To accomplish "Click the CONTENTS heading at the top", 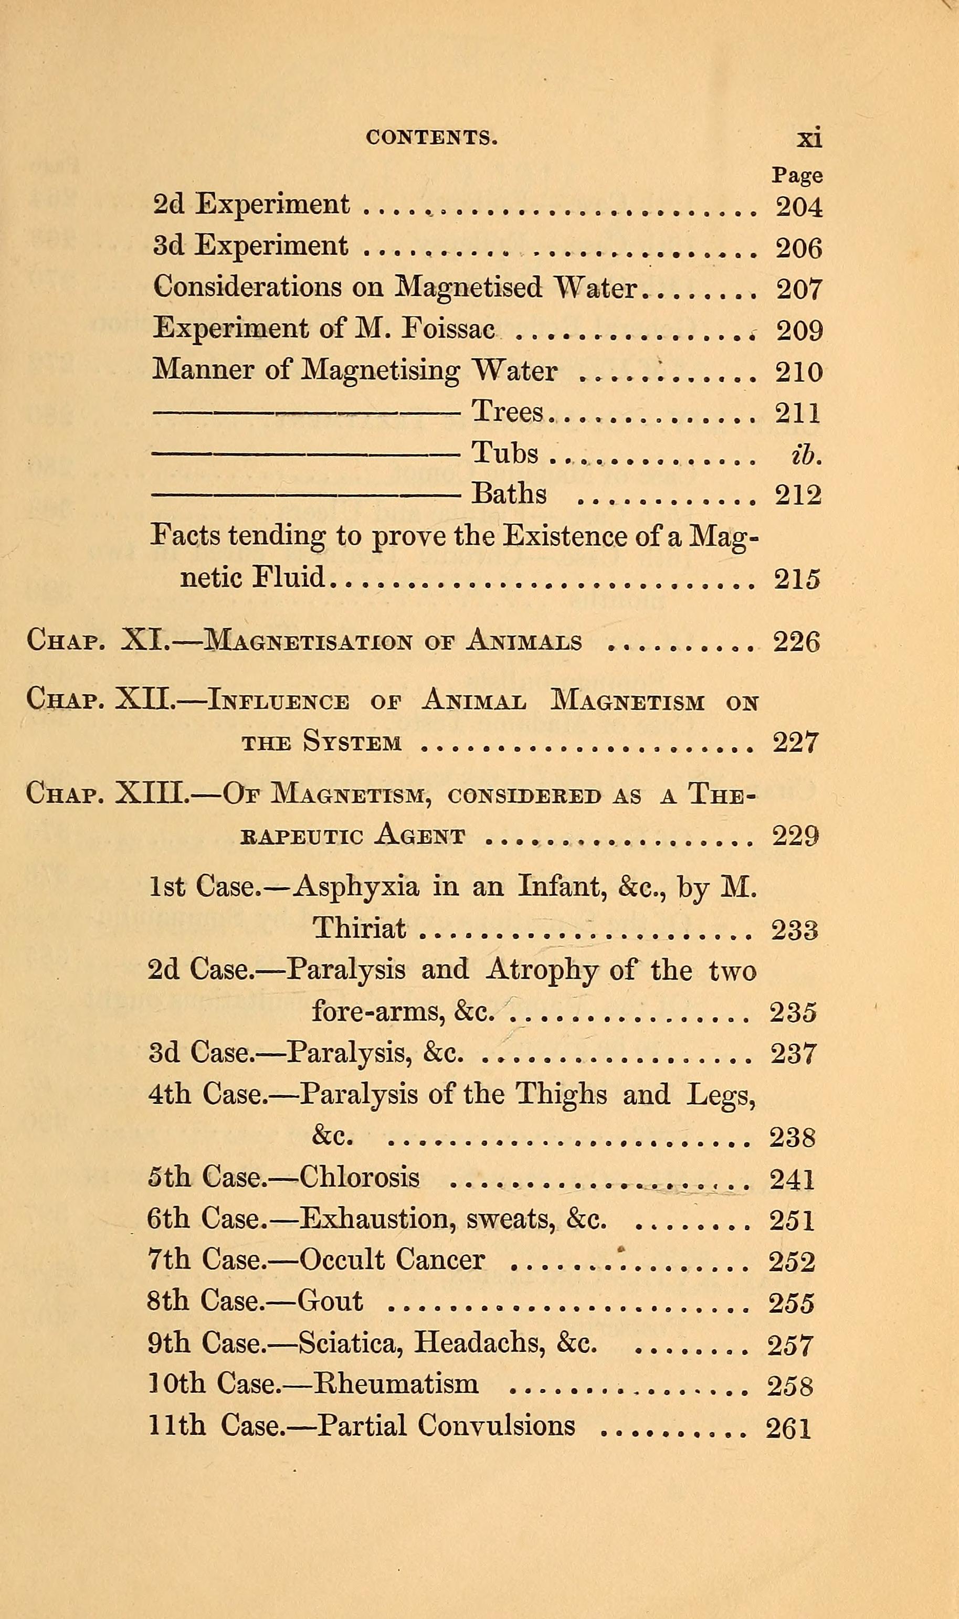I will [431, 137].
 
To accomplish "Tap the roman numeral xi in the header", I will [809, 137].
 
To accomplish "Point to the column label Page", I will [797, 175].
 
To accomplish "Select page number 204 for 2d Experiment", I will [799, 207].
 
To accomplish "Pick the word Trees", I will [508, 411].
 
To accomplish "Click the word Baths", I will [509, 494].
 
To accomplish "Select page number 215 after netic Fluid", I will [797, 578].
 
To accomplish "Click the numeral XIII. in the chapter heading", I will [152, 794].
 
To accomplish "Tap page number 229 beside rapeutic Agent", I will [796, 837].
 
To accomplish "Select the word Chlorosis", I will [360, 1177].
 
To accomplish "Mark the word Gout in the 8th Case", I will [330, 1300].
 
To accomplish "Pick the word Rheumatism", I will [396, 1384].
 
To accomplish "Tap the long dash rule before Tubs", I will [305, 453].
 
